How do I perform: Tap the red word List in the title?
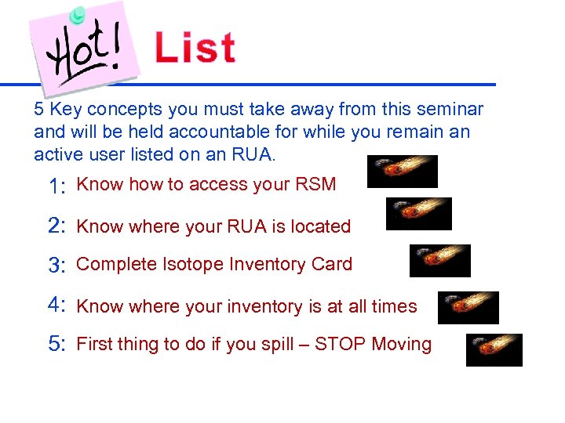(195, 48)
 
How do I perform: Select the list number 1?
(56, 186)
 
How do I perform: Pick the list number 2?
(56, 226)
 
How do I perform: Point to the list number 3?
(56, 266)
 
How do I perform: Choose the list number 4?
(56, 305)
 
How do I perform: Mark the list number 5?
(56, 345)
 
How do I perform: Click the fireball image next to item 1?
(402, 172)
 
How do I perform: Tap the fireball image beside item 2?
(419, 214)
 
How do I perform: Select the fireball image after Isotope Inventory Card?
(439, 261)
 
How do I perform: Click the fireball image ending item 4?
(468, 308)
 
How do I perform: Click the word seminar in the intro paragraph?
(450, 110)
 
